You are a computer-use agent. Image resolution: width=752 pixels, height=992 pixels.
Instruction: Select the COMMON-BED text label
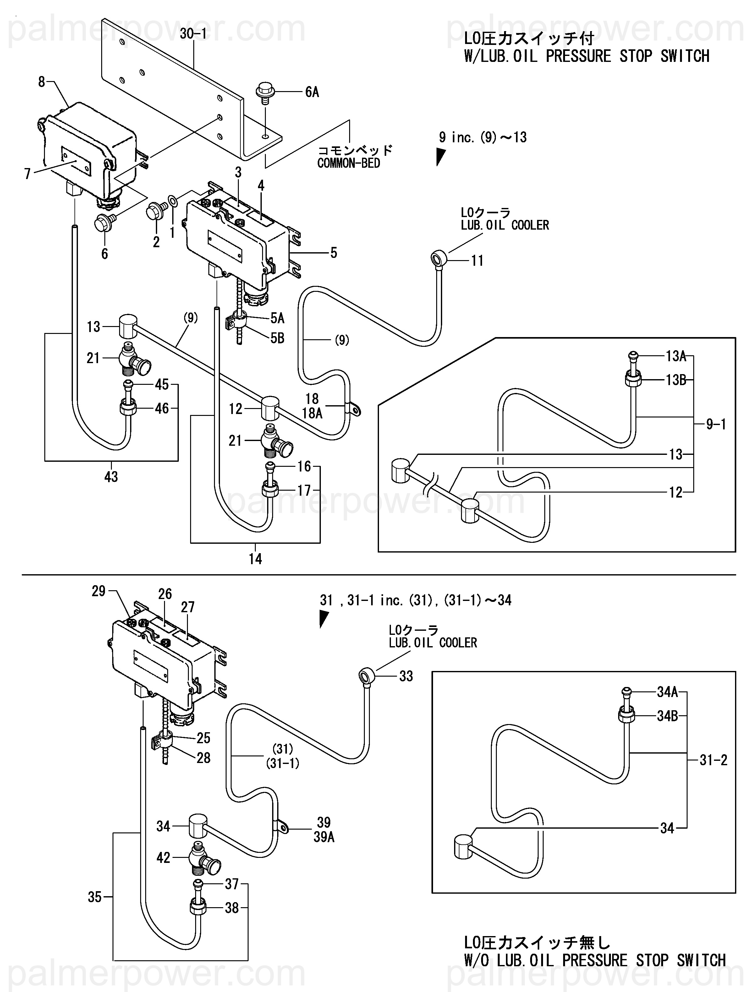tap(349, 163)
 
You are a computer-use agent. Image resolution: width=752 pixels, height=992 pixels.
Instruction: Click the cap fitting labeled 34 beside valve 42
tap(196, 826)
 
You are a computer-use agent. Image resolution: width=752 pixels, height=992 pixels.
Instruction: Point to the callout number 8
tap(41, 82)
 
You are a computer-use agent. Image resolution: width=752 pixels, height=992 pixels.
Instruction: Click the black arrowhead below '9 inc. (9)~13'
tap(441, 157)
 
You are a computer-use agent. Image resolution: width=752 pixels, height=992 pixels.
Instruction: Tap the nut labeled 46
tap(127, 408)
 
